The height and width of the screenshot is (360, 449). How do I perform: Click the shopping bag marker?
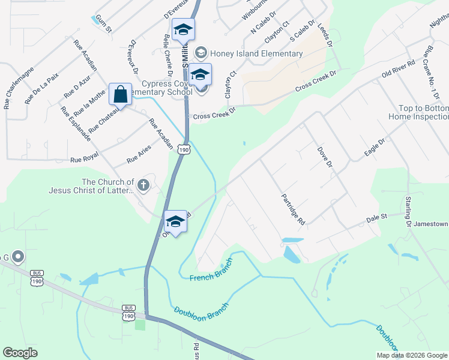tap(120, 95)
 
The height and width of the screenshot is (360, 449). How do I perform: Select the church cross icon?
tap(143, 185)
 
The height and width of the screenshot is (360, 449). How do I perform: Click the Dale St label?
tap(378, 218)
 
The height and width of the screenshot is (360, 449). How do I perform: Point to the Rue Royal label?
tap(84, 160)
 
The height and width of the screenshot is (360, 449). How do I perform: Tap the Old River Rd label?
tap(399, 68)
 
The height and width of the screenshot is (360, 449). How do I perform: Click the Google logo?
tap(20, 353)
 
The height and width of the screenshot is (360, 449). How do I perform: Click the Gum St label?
tap(104, 25)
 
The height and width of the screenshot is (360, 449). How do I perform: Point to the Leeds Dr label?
tap(324, 36)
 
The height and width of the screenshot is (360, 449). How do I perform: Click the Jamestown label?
tap(431, 224)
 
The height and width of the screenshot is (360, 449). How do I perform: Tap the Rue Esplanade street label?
tap(75, 124)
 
